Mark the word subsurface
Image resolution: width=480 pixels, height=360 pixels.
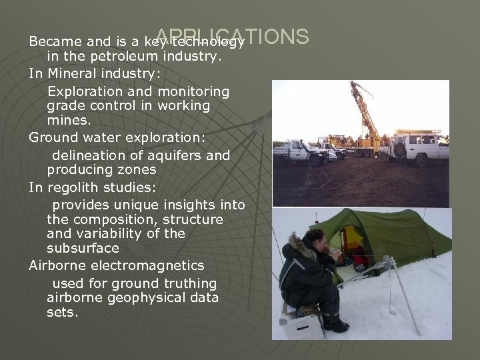click(x=83, y=248)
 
